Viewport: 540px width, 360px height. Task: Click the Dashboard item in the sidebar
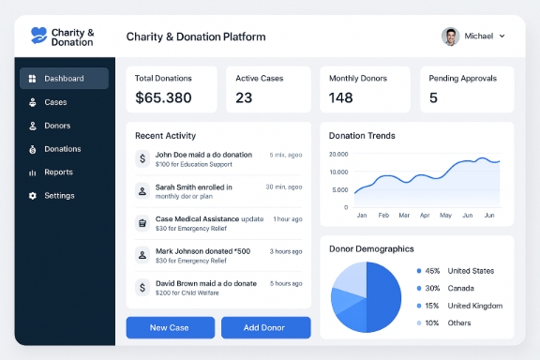(64, 79)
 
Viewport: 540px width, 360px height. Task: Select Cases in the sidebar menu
(55, 102)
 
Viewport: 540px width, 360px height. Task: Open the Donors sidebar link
(57, 126)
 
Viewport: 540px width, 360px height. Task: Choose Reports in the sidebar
(58, 172)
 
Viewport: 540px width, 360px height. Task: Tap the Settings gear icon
(33, 196)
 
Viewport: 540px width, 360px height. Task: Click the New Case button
(170, 327)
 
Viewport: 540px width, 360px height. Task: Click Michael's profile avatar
(450, 37)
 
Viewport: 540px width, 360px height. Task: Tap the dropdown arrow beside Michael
(502, 37)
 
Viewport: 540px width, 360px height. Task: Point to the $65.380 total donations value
(163, 97)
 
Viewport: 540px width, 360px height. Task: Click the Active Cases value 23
(244, 97)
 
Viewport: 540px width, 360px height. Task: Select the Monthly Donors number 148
(341, 97)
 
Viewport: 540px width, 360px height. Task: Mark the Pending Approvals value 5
(433, 97)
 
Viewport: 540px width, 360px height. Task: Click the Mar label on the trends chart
(404, 215)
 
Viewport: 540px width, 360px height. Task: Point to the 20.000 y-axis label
(338, 154)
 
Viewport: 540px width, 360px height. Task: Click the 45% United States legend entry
(457, 271)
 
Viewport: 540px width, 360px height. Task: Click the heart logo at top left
(38, 36)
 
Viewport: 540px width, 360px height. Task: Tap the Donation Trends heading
(362, 136)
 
